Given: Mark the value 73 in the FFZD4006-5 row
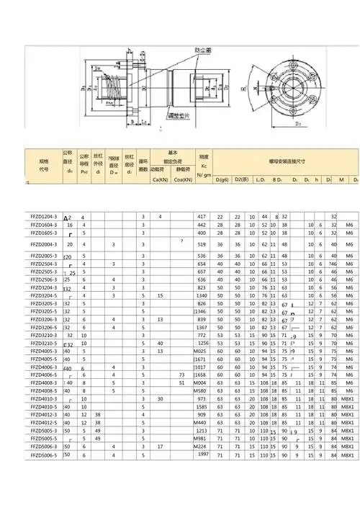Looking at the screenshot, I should (x=182, y=375).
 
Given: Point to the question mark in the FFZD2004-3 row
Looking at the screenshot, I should (x=181, y=241).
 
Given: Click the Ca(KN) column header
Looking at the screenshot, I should (x=161, y=178).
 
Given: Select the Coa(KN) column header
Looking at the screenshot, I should (x=183, y=178).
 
